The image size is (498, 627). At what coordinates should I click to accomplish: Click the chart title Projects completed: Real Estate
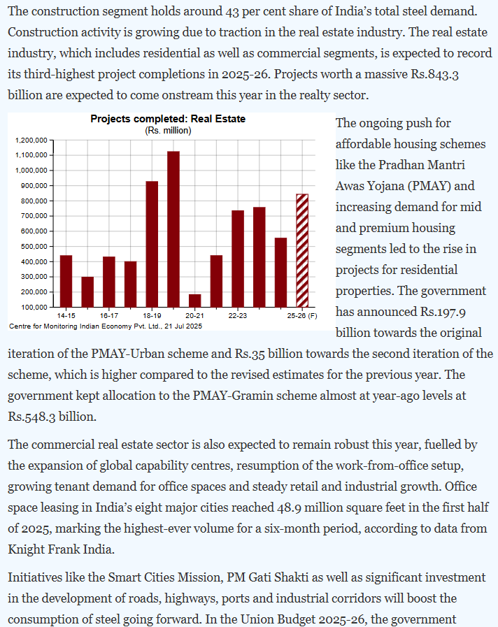click(x=168, y=119)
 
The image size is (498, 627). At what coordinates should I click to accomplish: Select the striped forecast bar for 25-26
click(x=302, y=250)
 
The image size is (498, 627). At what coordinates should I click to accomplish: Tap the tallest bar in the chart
click(x=173, y=229)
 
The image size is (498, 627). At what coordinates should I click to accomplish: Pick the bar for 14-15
click(x=66, y=280)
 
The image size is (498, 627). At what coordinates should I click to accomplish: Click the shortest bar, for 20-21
click(x=195, y=300)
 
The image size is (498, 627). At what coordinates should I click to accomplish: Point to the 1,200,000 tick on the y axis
click(x=30, y=140)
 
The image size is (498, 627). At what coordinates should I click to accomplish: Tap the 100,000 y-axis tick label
click(x=32, y=307)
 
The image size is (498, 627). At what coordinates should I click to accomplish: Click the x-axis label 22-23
click(x=238, y=316)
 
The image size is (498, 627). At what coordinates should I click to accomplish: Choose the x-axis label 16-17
click(x=109, y=316)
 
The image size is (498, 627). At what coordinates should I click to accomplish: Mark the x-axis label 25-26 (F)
click(x=302, y=316)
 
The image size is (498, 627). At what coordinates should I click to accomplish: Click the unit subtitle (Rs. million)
click(x=168, y=130)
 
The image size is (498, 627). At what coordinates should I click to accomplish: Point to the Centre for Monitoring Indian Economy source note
click(x=106, y=326)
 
